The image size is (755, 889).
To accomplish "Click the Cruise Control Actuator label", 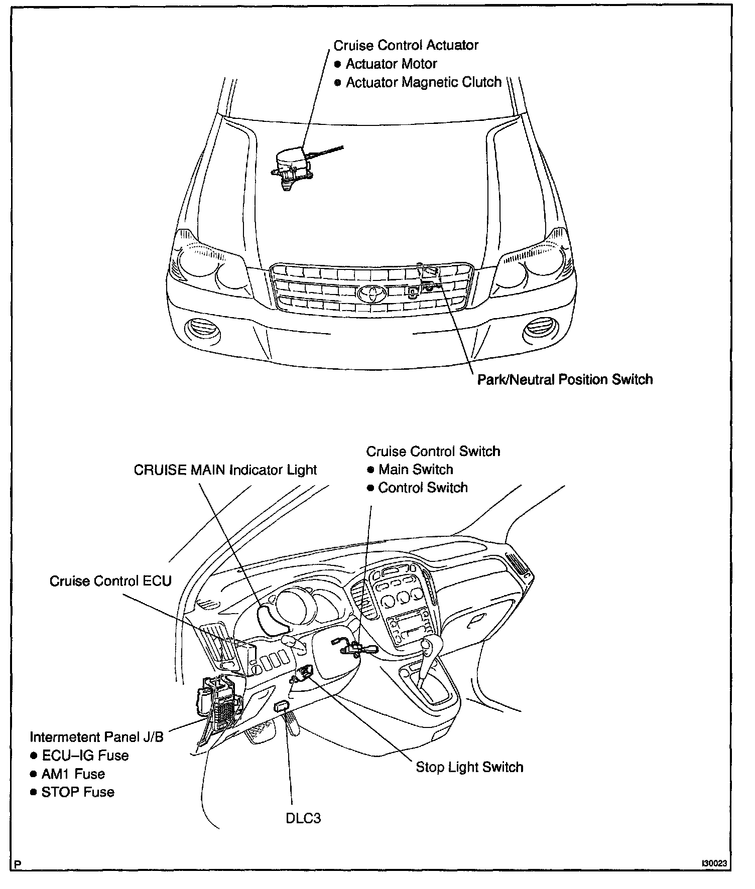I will [x=406, y=45].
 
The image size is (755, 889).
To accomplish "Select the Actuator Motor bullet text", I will [x=391, y=64].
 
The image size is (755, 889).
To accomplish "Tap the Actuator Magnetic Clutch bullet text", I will [x=423, y=82].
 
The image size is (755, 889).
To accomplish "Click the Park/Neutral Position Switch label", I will [x=565, y=379].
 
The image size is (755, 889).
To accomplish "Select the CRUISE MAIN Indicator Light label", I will [x=225, y=470].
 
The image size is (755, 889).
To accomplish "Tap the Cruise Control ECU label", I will [x=110, y=581].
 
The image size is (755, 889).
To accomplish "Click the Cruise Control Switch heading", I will [x=433, y=452].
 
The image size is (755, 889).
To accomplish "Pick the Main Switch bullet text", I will [x=416, y=470].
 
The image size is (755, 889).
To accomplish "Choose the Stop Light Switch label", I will [x=469, y=767].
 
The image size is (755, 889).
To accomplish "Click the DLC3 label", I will [x=303, y=818].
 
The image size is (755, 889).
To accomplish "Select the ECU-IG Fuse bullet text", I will [x=85, y=756].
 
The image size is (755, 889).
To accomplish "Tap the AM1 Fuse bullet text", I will [x=73, y=774].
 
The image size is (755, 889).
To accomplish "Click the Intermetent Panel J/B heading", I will [x=96, y=737].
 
